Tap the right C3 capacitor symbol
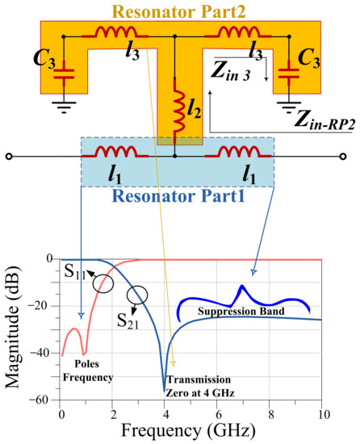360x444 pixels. [x=288, y=74]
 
